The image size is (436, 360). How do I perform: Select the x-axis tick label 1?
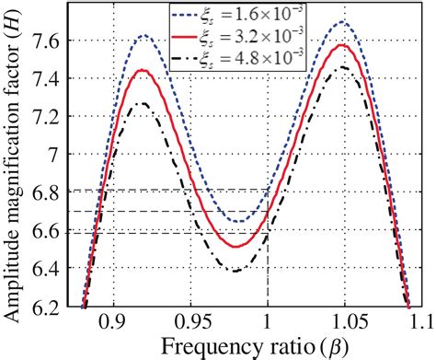pyautogui.click(x=267, y=324)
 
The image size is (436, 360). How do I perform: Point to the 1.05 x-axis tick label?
pyautogui.click(x=343, y=324)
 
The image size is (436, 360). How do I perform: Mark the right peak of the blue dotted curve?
pyautogui.click(x=343, y=21)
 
